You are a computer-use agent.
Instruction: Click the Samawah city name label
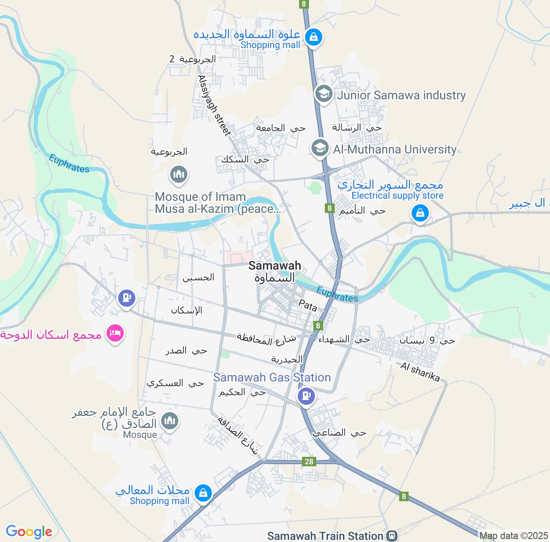275,265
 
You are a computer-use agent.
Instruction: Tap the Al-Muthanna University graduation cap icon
320,148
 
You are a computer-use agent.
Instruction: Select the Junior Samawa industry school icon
324,94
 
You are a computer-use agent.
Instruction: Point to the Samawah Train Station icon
391,536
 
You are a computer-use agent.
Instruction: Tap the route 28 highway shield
309,462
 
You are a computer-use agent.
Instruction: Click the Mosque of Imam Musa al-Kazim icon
178,174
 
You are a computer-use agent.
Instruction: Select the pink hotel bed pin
115,333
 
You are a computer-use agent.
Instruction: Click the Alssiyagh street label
214,105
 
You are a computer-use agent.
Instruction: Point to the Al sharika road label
420,372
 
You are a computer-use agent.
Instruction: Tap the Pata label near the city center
308,305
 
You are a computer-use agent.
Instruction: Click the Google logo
29,532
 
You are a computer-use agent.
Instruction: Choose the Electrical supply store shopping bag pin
420,213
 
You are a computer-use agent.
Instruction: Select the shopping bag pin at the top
314,37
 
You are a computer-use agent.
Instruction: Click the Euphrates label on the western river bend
69,163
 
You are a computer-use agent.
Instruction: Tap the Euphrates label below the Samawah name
337,294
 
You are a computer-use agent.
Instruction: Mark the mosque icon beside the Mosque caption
170,420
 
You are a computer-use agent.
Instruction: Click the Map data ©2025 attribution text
514,536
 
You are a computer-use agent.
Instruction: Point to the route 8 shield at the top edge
304,4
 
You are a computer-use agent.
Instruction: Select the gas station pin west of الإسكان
126,297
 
